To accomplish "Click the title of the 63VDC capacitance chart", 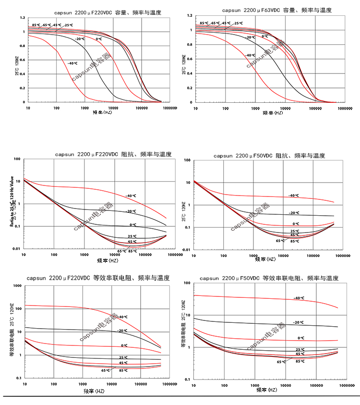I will click(274, 10).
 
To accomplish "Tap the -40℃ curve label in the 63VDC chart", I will click(250, 55).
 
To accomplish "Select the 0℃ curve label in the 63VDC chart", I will click(264, 36).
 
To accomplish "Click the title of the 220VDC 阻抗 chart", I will click(113, 155).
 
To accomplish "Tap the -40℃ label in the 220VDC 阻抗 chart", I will click(132, 196).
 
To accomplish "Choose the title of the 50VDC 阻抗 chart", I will click(269, 156).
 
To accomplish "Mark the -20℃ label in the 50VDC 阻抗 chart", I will click(294, 212).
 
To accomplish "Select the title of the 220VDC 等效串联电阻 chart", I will click(98, 278).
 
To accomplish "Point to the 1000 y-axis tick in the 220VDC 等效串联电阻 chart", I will click(18, 286).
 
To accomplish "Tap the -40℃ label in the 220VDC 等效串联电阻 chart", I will click(123, 317).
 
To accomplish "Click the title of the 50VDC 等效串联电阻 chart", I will click(269, 278).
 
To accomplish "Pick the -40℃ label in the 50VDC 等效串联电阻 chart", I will click(299, 298).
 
